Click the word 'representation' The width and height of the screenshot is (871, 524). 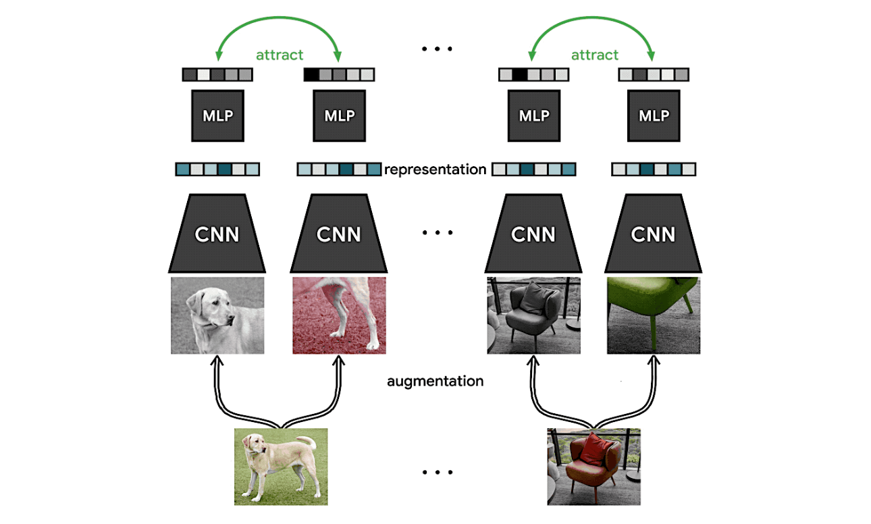435,169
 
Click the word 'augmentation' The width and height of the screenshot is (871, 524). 435,382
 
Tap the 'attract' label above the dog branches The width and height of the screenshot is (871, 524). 280,55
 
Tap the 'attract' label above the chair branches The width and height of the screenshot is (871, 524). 594,55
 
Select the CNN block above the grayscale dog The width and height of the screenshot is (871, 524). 217,234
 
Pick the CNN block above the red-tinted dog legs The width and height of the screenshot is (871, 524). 339,234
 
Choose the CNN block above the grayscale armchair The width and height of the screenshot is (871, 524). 533,234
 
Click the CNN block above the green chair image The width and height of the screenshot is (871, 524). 653,234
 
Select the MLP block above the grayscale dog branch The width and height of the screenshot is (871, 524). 217,115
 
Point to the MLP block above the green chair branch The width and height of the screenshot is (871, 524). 653,115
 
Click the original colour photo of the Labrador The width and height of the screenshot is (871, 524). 280,466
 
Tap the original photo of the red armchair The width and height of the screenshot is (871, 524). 593,466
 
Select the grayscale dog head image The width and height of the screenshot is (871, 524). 217,315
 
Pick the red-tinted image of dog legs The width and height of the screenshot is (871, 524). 339,315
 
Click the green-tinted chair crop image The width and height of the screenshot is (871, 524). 653,315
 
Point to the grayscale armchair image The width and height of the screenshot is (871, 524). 533,315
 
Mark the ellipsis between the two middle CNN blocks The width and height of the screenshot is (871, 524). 435,234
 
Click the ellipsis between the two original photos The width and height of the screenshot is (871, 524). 435,472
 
